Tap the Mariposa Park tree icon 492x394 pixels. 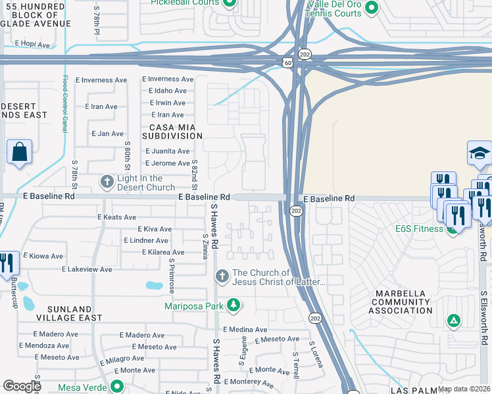click(x=233, y=305)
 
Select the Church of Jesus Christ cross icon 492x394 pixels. click(x=222, y=276)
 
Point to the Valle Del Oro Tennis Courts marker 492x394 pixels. click(x=371, y=9)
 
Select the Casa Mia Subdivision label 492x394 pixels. click(x=176, y=131)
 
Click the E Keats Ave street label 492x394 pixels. click(x=116, y=217)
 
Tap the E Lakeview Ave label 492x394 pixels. click(x=87, y=269)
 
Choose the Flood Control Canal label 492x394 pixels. click(x=65, y=104)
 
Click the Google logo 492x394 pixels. click(x=21, y=386)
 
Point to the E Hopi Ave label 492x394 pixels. click(x=32, y=45)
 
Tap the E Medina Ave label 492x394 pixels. click(x=245, y=330)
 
